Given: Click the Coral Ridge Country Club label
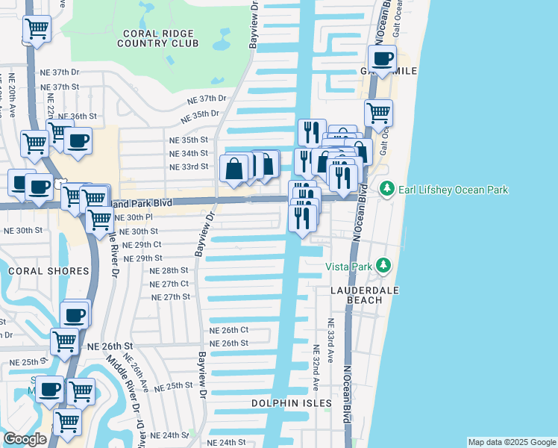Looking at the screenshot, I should pos(157,37).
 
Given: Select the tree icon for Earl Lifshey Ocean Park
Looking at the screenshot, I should pos(386,190).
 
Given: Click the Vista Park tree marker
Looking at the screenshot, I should pos(383,266).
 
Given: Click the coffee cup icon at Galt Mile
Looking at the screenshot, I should pos(383,59).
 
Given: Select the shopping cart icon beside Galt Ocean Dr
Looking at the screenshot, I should pos(378,113).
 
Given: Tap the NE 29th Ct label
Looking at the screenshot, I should pos(141,245).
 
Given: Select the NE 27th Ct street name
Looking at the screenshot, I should pos(169,284).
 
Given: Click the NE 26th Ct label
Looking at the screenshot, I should pos(228,330).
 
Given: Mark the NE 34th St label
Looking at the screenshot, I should pos(188,153).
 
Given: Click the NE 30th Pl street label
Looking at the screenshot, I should pos(134,217).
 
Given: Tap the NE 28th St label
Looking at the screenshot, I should pos(169,270).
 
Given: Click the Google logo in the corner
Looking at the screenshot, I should pos(25,438).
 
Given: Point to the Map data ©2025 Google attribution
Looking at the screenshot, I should pos(512,442).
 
